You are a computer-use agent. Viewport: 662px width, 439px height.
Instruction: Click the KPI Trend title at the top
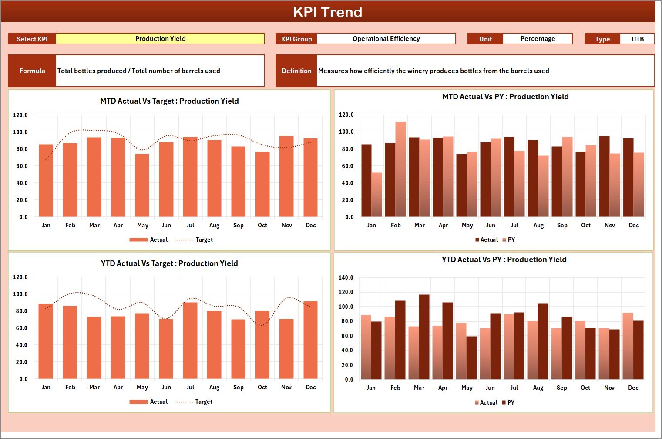(327, 12)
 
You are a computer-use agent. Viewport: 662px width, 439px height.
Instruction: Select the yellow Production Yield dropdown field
(160, 39)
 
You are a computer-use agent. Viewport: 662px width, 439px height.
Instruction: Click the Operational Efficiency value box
(386, 39)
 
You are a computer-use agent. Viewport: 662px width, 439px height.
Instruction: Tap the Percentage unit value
(537, 39)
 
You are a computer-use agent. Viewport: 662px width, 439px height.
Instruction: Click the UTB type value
(637, 39)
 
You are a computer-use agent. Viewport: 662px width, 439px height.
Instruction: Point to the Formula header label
(32, 71)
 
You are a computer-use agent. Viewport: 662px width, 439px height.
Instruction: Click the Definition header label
(296, 71)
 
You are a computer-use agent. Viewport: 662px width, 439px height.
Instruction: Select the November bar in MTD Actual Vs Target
(286, 176)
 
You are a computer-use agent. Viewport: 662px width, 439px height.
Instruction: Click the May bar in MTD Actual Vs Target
(142, 185)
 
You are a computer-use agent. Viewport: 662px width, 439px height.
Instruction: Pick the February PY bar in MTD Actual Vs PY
(400, 169)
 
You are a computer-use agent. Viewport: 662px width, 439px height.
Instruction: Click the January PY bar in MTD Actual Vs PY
(376, 195)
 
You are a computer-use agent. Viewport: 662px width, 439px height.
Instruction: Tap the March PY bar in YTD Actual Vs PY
(424, 337)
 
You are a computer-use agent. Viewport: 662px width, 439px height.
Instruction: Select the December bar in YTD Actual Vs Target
(310, 340)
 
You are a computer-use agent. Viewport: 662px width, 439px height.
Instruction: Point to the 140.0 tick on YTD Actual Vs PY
(346, 277)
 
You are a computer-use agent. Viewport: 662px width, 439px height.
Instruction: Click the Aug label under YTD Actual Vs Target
(214, 388)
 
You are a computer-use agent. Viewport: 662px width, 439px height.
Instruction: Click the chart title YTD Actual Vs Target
(169, 263)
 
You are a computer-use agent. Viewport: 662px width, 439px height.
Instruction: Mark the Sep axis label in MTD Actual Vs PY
(562, 226)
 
